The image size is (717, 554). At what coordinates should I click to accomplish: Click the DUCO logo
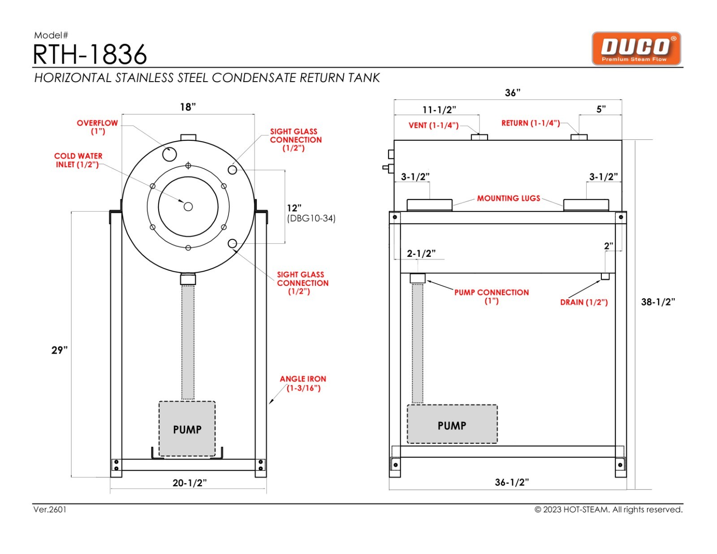[x=636, y=48]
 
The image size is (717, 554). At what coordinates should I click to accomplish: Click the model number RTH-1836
[x=90, y=55]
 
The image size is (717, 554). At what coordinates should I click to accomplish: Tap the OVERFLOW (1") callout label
[x=97, y=127]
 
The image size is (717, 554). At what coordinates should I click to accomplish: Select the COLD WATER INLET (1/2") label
[x=78, y=160]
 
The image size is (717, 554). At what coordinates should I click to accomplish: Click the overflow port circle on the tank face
[x=169, y=154]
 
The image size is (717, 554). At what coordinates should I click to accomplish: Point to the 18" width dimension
[x=188, y=107]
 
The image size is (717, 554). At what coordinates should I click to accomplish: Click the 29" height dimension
[x=59, y=350]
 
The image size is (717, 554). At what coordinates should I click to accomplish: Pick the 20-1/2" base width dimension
[x=190, y=483]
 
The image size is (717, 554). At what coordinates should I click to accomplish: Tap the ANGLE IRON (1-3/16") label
[x=303, y=383]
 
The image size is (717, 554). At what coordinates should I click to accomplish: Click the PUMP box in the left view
[x=187, y=429]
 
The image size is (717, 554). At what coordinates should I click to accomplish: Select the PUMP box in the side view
[x=452, y=425]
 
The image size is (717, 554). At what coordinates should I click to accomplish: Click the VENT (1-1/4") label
[x=433, y=126]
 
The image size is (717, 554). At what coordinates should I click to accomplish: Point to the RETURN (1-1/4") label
[x=530, y=123]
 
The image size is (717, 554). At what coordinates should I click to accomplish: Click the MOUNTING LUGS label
[x=508, y=198]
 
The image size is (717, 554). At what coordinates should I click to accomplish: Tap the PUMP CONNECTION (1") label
[x=491, y=296]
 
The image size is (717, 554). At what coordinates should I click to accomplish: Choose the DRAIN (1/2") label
[x=583, y=302]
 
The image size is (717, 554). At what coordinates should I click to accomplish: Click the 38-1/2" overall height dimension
[x=657, y=302]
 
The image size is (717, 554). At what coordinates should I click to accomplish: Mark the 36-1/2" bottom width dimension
[x=512, y=482]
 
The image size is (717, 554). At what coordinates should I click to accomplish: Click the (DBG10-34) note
[x=311, y=218]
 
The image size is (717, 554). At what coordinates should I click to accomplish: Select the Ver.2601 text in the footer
[x=50, y=510]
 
